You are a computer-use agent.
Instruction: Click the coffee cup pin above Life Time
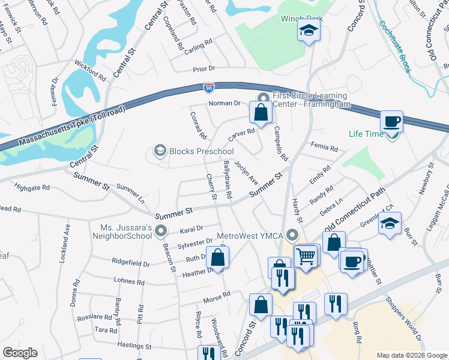[x=392, y=121]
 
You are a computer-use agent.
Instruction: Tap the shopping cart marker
[x=306, y=256]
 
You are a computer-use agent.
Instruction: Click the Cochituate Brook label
[x=395, y=47]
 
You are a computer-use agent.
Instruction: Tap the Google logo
[x=20, y=353]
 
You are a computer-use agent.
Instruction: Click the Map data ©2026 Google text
[x=412, y=355]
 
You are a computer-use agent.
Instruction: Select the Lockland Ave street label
[x=67, y=237]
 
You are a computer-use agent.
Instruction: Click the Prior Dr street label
[x=204, y=70]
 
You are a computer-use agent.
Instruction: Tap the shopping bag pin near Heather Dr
[x=217, y=257]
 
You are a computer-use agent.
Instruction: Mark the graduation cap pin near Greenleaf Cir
[x=390, y=224]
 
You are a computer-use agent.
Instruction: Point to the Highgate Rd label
[x=32, y=188]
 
